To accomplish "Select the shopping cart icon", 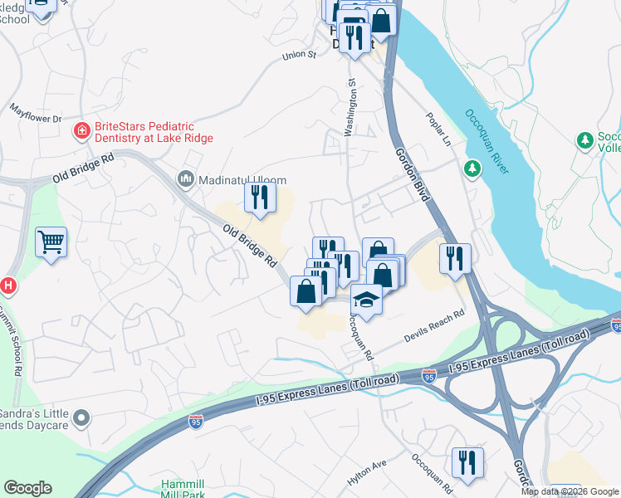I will (51, 242).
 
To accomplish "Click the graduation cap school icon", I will (365, 298).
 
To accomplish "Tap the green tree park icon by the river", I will (473, 169).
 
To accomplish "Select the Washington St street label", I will (350, 108).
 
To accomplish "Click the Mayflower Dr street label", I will (36, 114).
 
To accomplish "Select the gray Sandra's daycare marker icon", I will (81, 419).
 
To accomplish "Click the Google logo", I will (27, 488).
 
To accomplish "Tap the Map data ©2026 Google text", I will (570, 491).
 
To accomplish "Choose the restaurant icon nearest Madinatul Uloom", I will (259, 198).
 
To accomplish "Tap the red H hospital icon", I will (7, 286).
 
